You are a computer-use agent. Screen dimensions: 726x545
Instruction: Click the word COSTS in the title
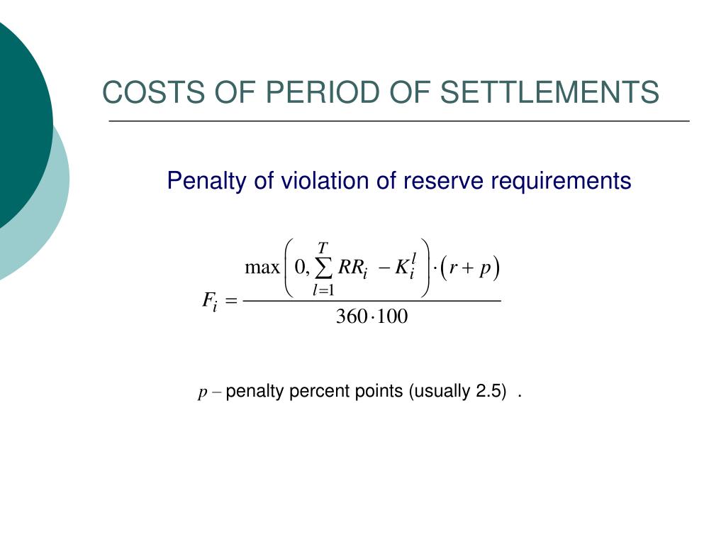pyautogui.click(x=153, y=92)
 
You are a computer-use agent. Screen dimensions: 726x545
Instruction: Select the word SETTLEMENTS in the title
pyautogui.click(x=549, y=92)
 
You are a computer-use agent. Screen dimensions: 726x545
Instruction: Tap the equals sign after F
pyautogui.click(x=231, y=301)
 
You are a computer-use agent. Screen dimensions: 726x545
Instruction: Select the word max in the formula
pyautogui.click(x=262, y=268)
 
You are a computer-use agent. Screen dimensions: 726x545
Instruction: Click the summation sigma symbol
pyautogui.click(x=323, y=268)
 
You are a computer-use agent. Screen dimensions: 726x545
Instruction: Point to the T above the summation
pyautogui.click(x=323, y=248)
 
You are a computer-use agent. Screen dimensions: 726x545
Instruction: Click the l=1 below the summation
pyautogui.click(x=323, y=290)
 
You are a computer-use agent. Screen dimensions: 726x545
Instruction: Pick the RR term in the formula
pyautogui.click(x=353, y=268)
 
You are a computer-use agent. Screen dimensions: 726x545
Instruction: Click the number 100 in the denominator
pyautogui.click(x=392, y=316)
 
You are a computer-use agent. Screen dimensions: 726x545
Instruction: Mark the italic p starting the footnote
pyautogui.click(x=202, y=393)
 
